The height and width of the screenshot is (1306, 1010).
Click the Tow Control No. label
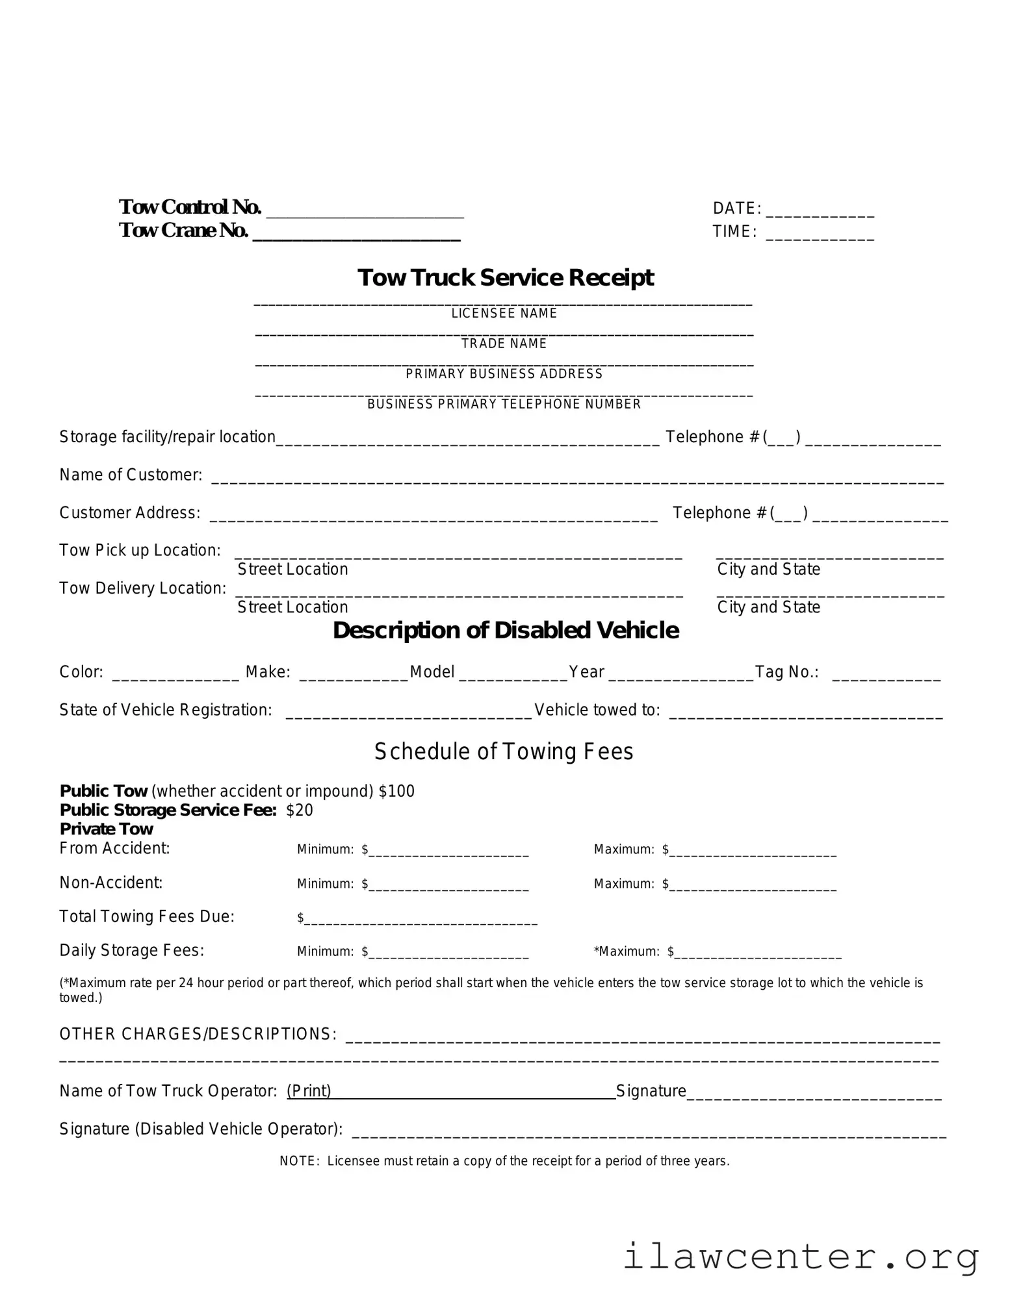point(190,207)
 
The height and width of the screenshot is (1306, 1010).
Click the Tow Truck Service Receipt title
point(505,277)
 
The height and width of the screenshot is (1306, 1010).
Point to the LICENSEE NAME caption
point(504,314)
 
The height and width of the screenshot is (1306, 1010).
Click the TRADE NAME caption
point(504,344)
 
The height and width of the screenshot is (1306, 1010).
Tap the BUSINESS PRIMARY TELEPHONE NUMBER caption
point(504,405)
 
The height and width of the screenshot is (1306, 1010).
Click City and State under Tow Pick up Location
point(768,570)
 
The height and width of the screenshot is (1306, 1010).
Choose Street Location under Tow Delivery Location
point(292,607)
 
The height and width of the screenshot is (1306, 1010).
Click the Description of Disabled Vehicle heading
point(505,631)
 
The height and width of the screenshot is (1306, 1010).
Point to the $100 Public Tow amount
point(396,791)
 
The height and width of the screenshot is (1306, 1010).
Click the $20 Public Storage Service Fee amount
point(300,810)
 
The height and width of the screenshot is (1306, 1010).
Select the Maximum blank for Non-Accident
point(753,886)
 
